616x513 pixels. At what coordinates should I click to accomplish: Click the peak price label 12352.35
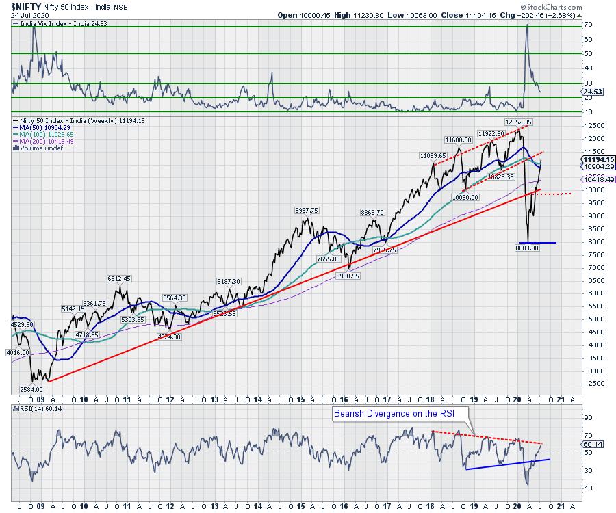click(519, 122)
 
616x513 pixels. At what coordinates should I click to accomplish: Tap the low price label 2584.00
click(25, 388)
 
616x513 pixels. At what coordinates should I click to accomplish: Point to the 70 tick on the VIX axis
click(586, 24)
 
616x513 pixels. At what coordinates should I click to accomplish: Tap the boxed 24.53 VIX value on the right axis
click(591, 90)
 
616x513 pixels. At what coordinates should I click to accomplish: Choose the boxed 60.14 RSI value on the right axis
click(591, 444)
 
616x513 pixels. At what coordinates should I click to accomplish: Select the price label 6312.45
click(118, 278)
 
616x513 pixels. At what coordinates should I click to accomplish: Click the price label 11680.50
click(459, 139)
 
